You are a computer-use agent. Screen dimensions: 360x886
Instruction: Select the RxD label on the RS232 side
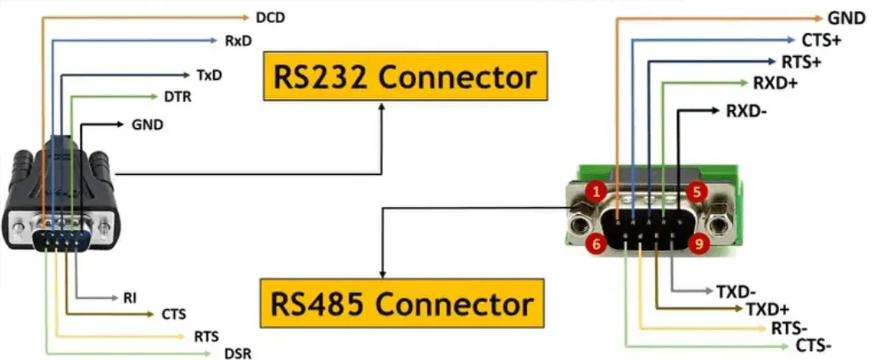pos(238,40)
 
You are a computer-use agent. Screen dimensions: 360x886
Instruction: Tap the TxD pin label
pos(209,75)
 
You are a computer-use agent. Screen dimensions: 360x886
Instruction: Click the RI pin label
pos(130,298)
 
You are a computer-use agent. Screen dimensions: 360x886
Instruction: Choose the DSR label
pos(238,353)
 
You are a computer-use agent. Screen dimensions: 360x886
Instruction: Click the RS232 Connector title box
pos(404,78)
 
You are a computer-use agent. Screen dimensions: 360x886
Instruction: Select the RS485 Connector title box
pos(401,303)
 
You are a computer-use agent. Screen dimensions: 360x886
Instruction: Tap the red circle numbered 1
pos(596,192)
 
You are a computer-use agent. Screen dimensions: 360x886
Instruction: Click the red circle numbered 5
pos(697,192)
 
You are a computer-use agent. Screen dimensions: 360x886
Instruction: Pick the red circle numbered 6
pos(596,244)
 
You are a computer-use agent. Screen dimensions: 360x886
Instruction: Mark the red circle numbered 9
pos(697,244)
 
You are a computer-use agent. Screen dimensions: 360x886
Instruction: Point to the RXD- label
pos(747,111)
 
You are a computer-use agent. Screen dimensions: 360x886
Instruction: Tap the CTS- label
pos(813,346)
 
